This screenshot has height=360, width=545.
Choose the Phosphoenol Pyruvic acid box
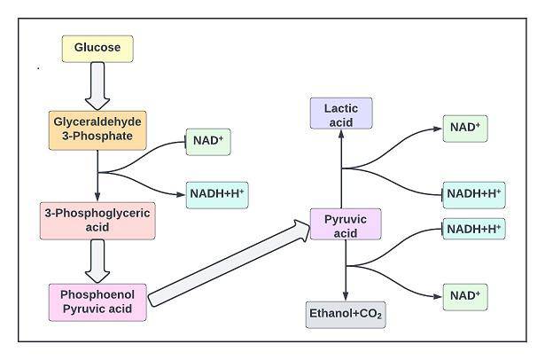coord(97,301)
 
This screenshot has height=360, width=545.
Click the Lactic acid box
coord(340,114)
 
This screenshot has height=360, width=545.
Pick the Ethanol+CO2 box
coord(345,314)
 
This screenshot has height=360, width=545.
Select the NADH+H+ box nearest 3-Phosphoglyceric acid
coord(216,196)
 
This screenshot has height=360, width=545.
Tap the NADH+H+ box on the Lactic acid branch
coord(474,192)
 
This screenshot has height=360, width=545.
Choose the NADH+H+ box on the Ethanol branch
coord(474,229)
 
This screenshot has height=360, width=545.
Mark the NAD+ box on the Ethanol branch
coord(465,295)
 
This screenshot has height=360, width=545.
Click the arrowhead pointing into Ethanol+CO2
coord(345,297)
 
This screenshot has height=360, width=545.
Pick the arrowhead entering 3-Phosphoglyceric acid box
coord(97,200)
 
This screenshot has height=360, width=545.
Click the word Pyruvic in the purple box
coord(346,217)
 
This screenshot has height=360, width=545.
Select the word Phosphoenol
coord(97,294)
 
